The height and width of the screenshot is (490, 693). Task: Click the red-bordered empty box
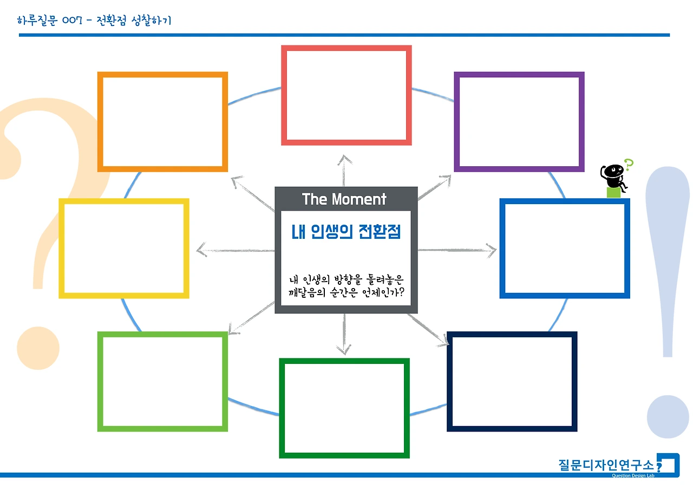[x=346, y=95]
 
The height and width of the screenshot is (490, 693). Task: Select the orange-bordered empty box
[x=162, y=122]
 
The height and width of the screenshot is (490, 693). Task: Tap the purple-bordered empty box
[x=519, y=122]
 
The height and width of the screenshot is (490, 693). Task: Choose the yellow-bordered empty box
[x=124, y=249]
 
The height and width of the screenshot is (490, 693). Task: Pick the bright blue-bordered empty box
[x=564, y=249]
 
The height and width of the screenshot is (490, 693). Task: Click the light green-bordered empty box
[x=162, y=382]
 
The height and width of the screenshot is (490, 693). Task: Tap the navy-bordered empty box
[x=512, y=382]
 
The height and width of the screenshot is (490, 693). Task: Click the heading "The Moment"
[x=344, y=199]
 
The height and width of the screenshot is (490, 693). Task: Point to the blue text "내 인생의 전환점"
[x=346, y=232]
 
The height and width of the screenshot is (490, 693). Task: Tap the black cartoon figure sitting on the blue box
[x=613, y=176]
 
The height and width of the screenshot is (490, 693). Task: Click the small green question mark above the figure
[x=629, y=164]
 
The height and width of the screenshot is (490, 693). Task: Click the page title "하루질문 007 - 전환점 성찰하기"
[x=94, y=21]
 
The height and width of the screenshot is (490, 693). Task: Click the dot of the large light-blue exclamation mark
[x=668, y=417]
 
